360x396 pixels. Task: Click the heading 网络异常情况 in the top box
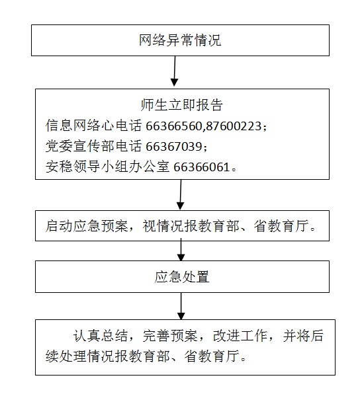pos(180,40)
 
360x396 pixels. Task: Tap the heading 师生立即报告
pos(181,104)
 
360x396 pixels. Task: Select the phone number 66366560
pos(173,126)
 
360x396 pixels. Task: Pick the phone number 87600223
pos(234,126)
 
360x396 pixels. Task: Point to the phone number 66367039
pos(174,146)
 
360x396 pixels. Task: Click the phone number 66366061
pos(202,167)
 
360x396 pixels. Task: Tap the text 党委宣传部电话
pos(93,146)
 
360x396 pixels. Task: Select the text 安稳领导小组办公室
pos(107,167)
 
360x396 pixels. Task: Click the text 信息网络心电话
pos(93,126)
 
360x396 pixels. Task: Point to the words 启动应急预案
pos(87,226)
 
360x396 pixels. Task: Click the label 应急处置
pos(182,277)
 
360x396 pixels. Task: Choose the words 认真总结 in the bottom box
pos(101,336)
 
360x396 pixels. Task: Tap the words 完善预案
pos(170,336)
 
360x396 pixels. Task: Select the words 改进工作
pos(240,336)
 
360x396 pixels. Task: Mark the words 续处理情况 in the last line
pos(80,356)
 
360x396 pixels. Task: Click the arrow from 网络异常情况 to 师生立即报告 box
pos(175,71)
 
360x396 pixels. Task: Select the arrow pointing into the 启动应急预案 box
pos(181,194)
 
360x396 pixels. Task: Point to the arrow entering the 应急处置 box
pos(181,251)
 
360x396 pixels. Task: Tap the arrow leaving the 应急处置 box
pos(181,306)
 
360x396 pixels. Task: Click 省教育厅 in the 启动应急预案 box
pos(281,226)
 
